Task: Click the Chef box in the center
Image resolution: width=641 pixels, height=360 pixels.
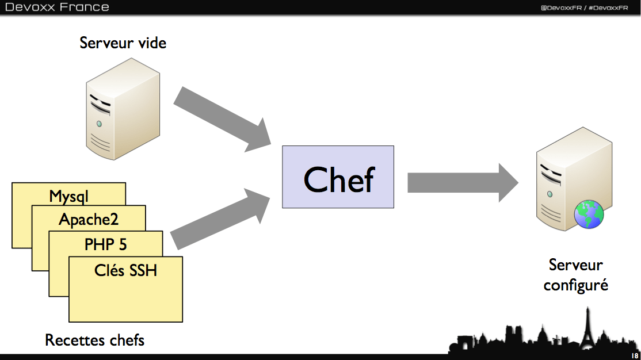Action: [338, 177]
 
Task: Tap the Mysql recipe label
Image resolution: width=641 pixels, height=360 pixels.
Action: [69, 196]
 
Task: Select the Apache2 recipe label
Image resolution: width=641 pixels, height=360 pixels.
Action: [88, 219]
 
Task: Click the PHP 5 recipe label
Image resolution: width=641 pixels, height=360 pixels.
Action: [105, 244]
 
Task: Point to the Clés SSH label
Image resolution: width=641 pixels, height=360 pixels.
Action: [125, 269]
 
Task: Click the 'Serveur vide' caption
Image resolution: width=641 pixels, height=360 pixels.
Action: [123, 43]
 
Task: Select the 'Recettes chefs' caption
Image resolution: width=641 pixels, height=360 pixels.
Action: [94, 340]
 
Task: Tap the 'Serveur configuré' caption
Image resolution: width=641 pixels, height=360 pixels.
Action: [575, 274]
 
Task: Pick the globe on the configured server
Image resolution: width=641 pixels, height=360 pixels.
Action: [589, 215]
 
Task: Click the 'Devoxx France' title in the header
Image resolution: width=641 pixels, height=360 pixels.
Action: [57, 7]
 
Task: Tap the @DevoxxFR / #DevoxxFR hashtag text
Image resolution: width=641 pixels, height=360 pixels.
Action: [583, 7]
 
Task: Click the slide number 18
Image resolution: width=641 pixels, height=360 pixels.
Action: [634, 355]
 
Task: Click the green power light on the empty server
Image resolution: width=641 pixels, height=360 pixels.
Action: [100, 124]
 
